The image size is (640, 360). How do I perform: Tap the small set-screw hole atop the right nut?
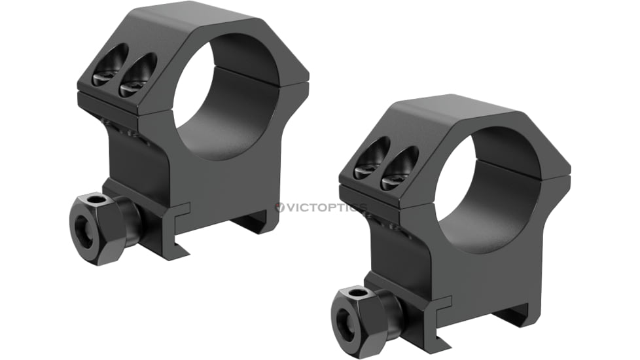pos(359,292)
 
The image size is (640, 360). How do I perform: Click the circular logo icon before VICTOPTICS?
pos(280,207)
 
